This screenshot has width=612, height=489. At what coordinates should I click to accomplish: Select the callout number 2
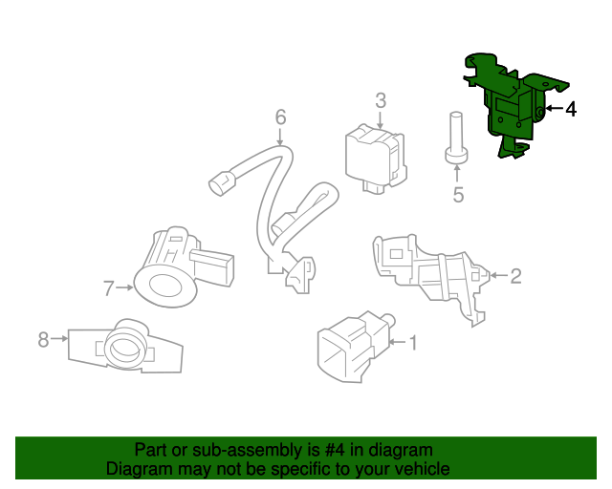(x=515, y=277)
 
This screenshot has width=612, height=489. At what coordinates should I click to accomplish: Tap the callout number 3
(x=380, y=100)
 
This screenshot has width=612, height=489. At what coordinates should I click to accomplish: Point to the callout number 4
(x=571, y=110)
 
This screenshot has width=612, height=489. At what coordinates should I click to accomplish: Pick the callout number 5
(x=458, y=196)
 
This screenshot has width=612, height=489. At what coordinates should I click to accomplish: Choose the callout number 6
(x=280, y=117)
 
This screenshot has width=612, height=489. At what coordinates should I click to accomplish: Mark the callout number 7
(x=109, y=286)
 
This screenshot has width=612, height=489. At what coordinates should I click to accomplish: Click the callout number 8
(x=43, y=338)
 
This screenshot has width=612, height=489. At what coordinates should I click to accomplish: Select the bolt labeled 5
(x=456, y=138)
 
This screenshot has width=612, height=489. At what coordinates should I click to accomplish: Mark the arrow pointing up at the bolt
(x=458, y=172)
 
